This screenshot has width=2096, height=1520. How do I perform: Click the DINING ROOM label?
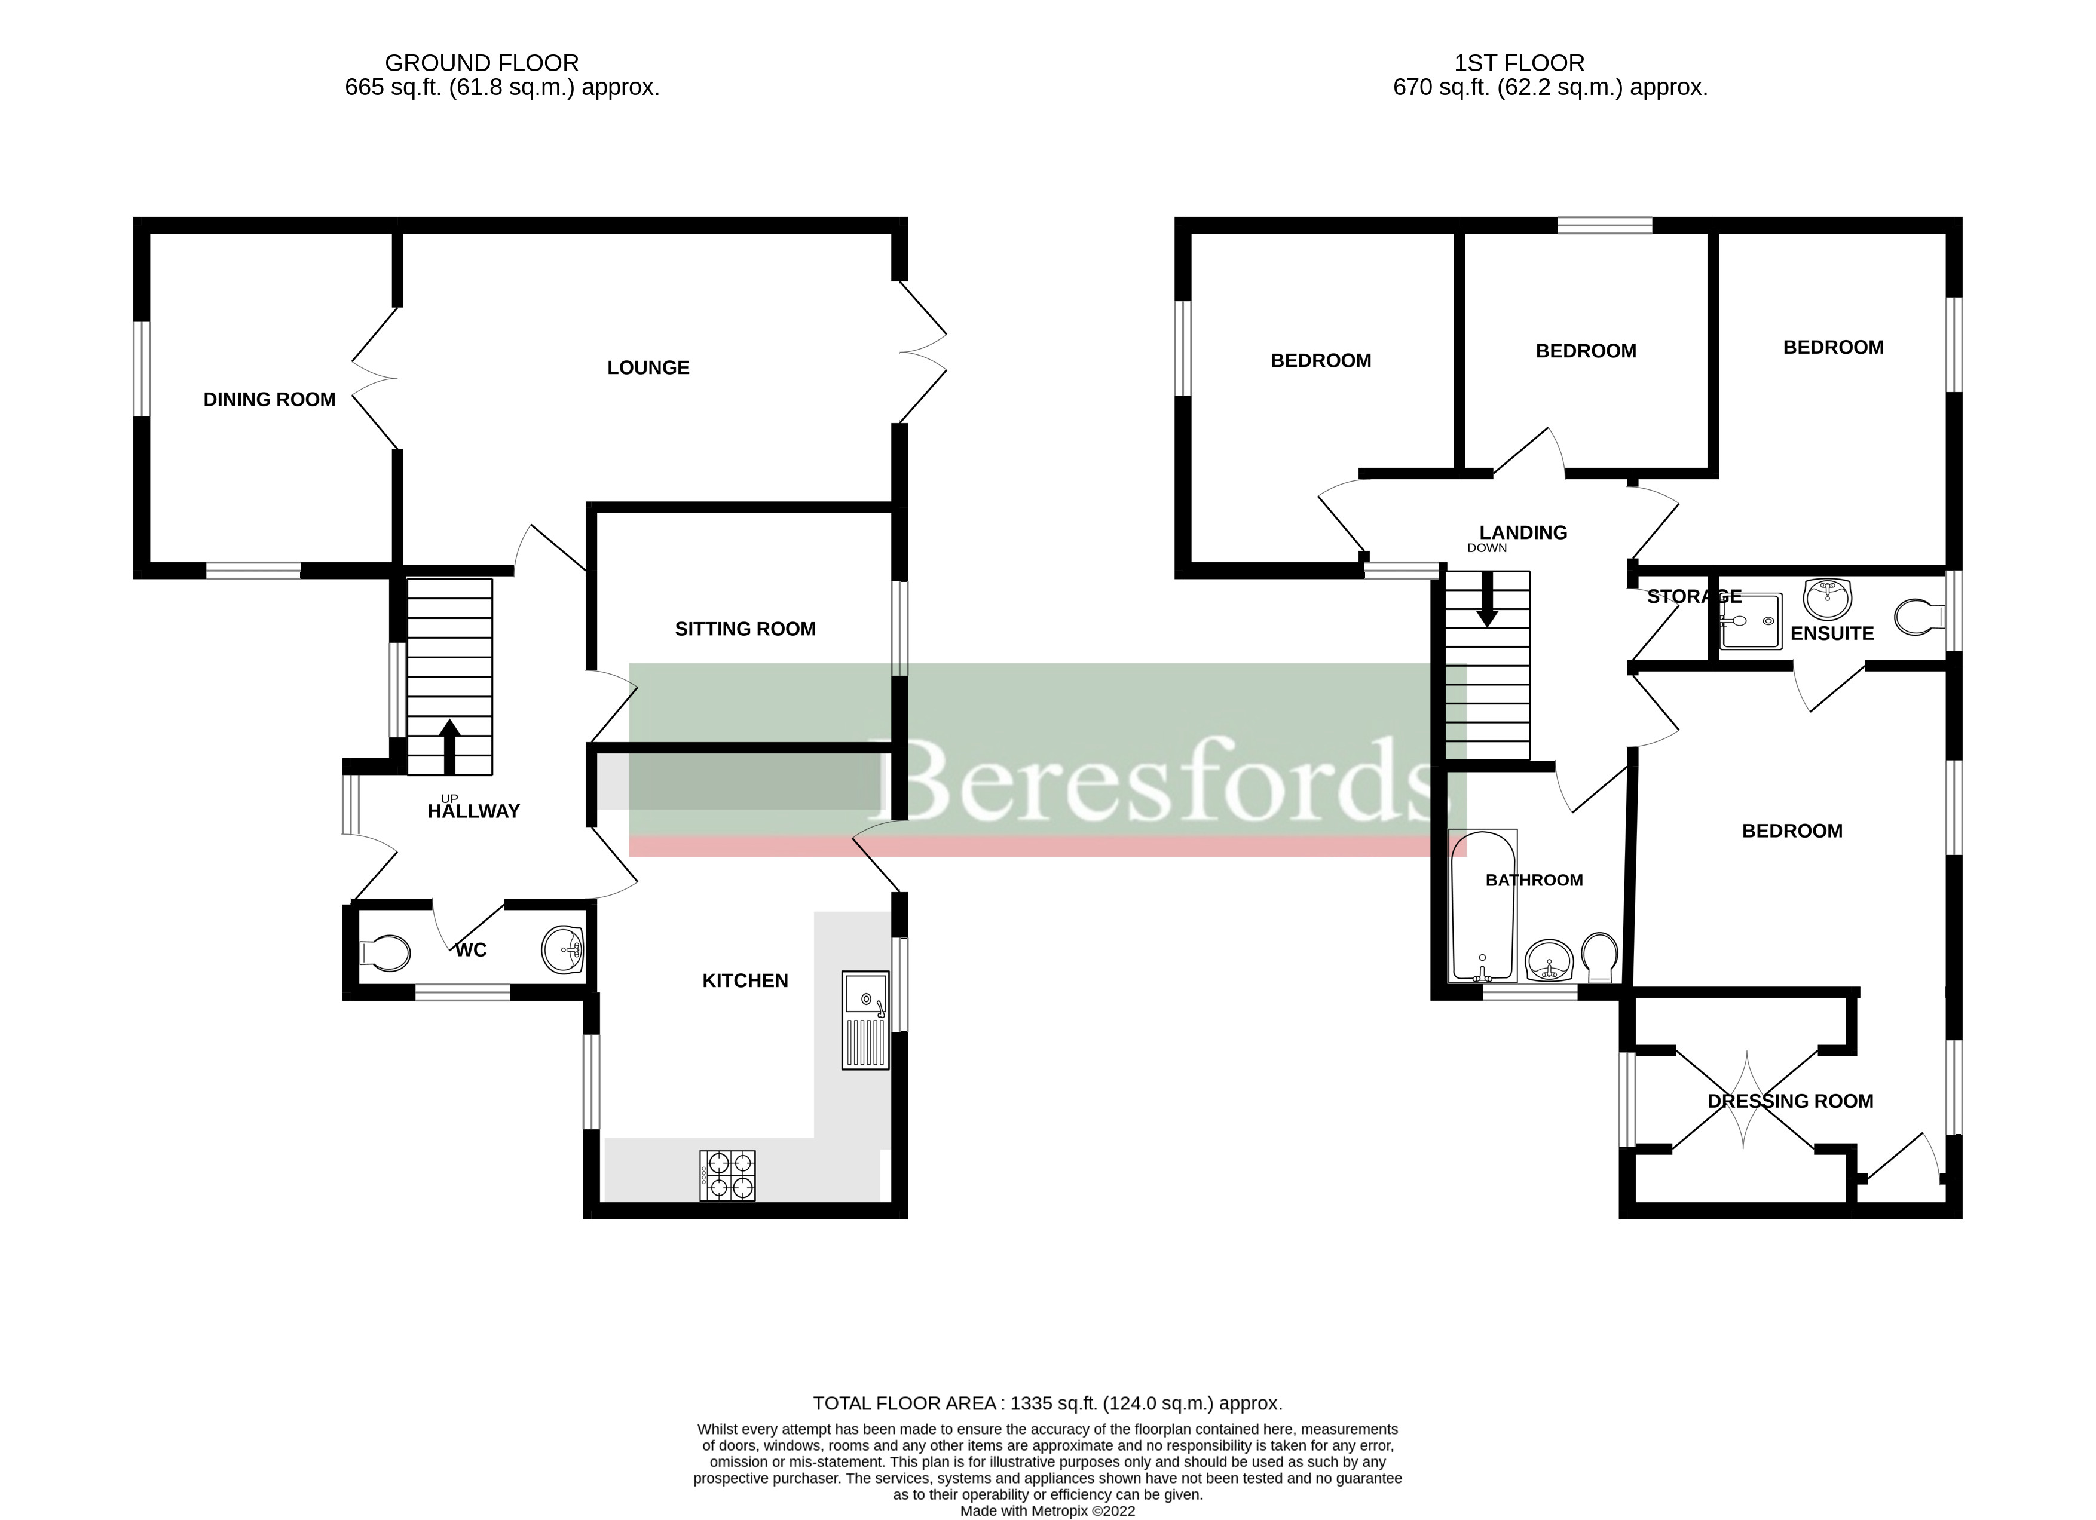click(x=269, y=399)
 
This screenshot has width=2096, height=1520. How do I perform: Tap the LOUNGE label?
click(x=648, y=368)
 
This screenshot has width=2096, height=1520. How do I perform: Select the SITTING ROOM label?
click(x=745, y=629)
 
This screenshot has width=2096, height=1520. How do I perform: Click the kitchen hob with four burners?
click(x=728, y=1175)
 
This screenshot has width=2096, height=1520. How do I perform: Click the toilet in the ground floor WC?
click(x=385, y=952)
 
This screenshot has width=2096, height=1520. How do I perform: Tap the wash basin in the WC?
click(x=562, y=950)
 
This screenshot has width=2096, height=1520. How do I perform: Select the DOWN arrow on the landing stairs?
click(x=1487, y=600)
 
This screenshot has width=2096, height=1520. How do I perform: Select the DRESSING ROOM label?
click(x=1790, y=1101)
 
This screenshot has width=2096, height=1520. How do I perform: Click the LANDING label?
click(x=1523, y=532)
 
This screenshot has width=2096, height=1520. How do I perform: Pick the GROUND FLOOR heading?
click(x=482, y=63)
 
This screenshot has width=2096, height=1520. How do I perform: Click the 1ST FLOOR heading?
click(x=1519, y=63)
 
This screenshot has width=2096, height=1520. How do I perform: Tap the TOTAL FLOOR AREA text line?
click(x=1047, y=1403)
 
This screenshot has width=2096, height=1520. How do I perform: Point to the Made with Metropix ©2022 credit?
click(x=1047, y=1512)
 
